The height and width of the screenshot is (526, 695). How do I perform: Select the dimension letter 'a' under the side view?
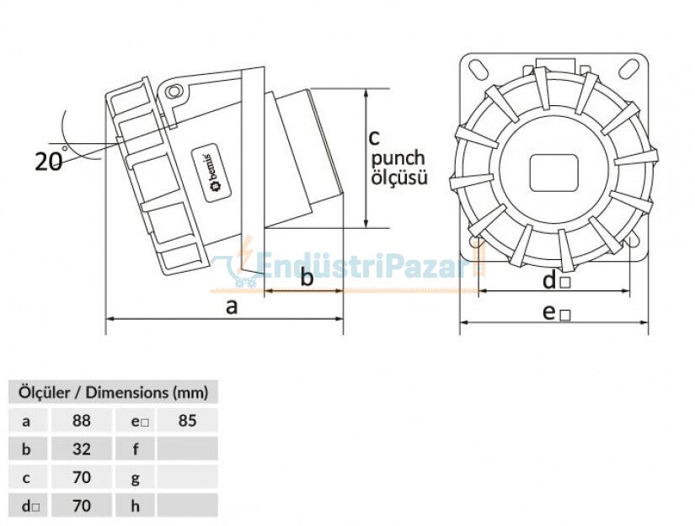[x=232, y=306]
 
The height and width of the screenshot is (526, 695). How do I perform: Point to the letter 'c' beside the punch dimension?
[x=376, y=135]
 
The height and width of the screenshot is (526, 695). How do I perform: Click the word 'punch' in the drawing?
[x=398, y=158]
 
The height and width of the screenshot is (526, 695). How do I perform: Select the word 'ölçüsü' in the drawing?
[x=399, y=178]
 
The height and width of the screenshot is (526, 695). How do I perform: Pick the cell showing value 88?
[x=81, y=420]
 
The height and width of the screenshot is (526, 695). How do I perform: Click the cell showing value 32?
[x=81, y=449]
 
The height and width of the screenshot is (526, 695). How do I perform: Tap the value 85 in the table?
[x=187, y=420]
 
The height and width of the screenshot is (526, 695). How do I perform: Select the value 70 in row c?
[x=81, y=477]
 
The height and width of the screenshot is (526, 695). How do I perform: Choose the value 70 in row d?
[x=81, y=506]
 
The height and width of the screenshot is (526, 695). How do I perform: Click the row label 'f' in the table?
[x=136, y=449]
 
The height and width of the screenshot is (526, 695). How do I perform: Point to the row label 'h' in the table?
[x=136, y=506]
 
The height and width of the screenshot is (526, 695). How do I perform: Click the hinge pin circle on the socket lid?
[x=174, y=92]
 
